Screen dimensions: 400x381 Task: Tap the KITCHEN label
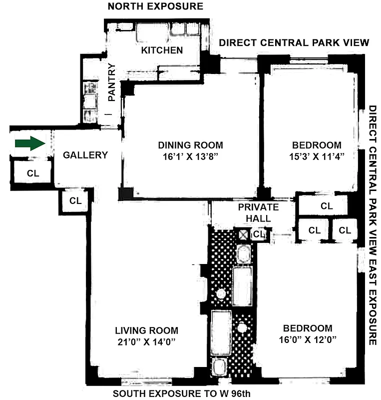162,50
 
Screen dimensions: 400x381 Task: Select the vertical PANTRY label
112,82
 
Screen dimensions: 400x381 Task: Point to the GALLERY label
85,155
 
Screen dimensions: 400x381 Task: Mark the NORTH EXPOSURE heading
156,6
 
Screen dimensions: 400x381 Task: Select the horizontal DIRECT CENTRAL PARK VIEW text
294,42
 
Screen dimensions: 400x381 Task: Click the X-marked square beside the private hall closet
243,234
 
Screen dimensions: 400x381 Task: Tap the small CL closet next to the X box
258,233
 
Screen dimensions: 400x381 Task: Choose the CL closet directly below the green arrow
32,173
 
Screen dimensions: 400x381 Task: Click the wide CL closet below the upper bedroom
326,206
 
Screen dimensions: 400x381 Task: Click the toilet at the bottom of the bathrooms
218,368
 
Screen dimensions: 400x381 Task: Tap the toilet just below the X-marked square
243,254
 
